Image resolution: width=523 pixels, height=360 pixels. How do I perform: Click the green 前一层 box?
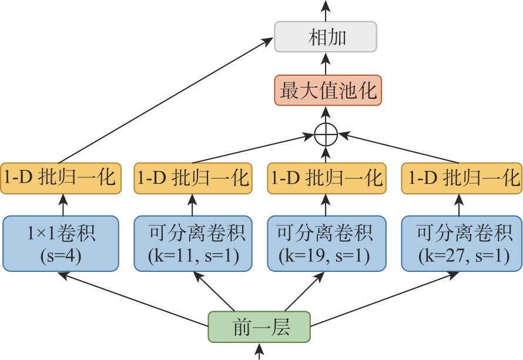(259, 326)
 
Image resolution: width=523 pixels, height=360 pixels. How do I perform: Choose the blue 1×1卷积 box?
(61, 244)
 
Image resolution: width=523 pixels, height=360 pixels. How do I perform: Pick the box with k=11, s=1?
(193, 244)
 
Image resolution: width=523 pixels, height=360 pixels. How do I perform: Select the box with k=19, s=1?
(326, 244)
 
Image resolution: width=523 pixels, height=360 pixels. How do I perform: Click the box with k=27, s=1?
(461, 244)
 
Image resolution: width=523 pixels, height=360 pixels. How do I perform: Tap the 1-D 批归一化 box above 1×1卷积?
(61, 177)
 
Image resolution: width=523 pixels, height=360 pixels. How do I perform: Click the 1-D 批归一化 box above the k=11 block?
(193, 177)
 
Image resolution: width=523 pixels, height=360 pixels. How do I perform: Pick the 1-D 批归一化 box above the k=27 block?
(461, 177)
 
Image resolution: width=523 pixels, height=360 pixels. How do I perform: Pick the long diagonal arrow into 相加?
(165, 100)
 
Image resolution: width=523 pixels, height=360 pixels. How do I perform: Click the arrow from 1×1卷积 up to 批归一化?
(61, 205)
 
